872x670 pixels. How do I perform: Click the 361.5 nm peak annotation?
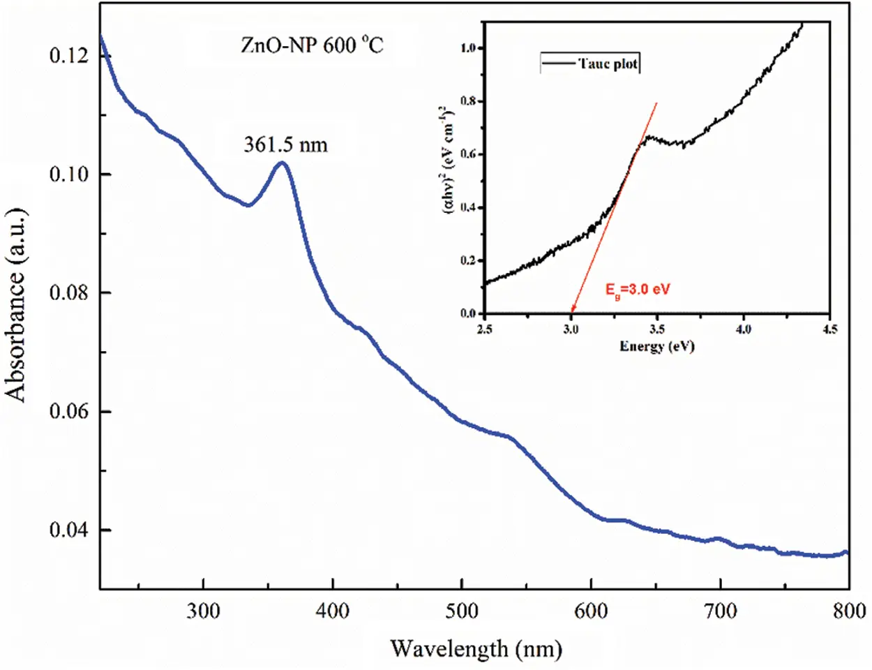pyautogui.click(x=285, y=144)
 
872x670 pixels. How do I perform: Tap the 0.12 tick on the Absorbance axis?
pyautogui.click(x=69, y=55)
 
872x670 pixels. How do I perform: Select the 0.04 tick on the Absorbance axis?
pyautogui.click(x=69, y=530)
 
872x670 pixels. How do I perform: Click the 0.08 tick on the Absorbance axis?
pyautogui.click(x=69, y=292)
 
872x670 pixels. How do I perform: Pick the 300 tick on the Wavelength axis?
pyautogui.click(x=203, y=611)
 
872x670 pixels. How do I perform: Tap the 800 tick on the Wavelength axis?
pyautogui.click(x=848, y=611)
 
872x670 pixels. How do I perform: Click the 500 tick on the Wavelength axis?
pyautogui.click(x=461, y=611)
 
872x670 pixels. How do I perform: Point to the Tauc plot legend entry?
pyautogui.click(x=590, y=64)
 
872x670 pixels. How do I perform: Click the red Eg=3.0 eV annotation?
pyautogui.click(x=637, y=289)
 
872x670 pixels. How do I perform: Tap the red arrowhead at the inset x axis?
pyautogui.click(x=572, y=311)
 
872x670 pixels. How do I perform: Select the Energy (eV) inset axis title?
pyautogui.click(x=657, y=346)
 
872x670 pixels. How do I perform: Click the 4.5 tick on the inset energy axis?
pyautogui.click(x=829, y=329)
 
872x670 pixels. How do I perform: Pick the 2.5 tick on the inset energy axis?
pyautogui.click(x=484, y=329)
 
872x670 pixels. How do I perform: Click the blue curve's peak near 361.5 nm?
pyautogui.click(x=282, y=163)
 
